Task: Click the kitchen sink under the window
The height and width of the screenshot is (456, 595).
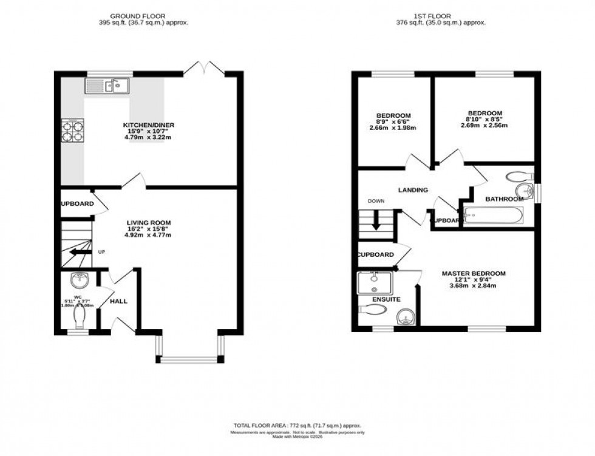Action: tap(107, 86)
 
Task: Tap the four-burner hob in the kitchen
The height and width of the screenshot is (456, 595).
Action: tap(72, 132)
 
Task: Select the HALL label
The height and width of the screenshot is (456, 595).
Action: tap(119, 301)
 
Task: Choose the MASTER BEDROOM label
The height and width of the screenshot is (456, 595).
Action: tap(473, 274)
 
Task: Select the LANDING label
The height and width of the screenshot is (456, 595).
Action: tap(413, 190)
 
